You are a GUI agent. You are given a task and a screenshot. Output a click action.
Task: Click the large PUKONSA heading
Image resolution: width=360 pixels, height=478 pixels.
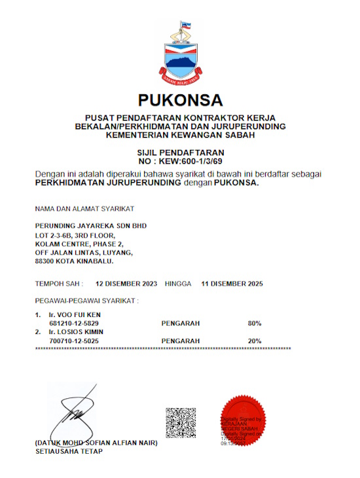180,100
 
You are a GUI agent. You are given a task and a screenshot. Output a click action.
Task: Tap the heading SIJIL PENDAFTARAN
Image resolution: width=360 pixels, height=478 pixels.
180,152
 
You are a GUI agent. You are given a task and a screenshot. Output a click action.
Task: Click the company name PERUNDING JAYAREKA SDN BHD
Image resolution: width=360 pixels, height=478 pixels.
91,226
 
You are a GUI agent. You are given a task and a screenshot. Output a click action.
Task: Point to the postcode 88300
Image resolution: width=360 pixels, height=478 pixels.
45,261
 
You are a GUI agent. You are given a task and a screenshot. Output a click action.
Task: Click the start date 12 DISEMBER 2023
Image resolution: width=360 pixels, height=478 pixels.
126,284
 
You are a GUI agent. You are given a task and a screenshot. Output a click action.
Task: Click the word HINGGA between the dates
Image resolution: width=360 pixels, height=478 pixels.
179,284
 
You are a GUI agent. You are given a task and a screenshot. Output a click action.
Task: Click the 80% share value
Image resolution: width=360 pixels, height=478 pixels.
255,323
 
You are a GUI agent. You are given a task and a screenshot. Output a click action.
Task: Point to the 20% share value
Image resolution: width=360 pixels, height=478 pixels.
255,341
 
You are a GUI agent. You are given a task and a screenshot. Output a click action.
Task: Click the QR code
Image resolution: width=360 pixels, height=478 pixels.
181,422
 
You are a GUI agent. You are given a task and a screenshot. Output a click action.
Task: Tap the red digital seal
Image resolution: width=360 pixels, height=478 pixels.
242,419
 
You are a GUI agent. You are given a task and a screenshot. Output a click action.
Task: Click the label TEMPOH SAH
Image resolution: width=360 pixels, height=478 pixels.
59,284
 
